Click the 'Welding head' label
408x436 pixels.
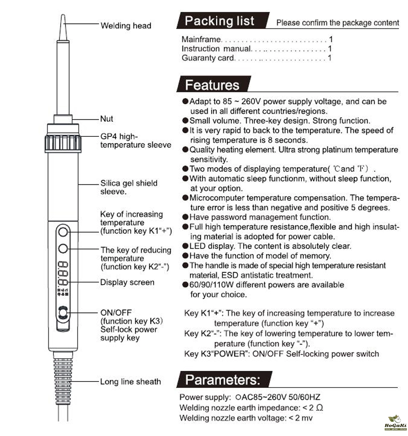(126, 26)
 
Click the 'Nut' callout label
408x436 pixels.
(107, 119)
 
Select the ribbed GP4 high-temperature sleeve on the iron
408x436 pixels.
(63, 143)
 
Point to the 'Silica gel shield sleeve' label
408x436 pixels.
(129, 187)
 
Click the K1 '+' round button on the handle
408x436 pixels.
(63, 232)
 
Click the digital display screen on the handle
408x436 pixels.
(63, 274)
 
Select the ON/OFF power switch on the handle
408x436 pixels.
(63, 313)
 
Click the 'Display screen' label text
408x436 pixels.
(127, 282)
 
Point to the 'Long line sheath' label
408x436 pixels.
(131, 382)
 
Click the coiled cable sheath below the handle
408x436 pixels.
(63, 379)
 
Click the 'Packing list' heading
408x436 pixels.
(220, 21)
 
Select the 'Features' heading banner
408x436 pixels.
(212, 85)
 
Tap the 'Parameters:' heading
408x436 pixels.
(223, 380)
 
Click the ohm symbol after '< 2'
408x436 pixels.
(319, 408)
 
